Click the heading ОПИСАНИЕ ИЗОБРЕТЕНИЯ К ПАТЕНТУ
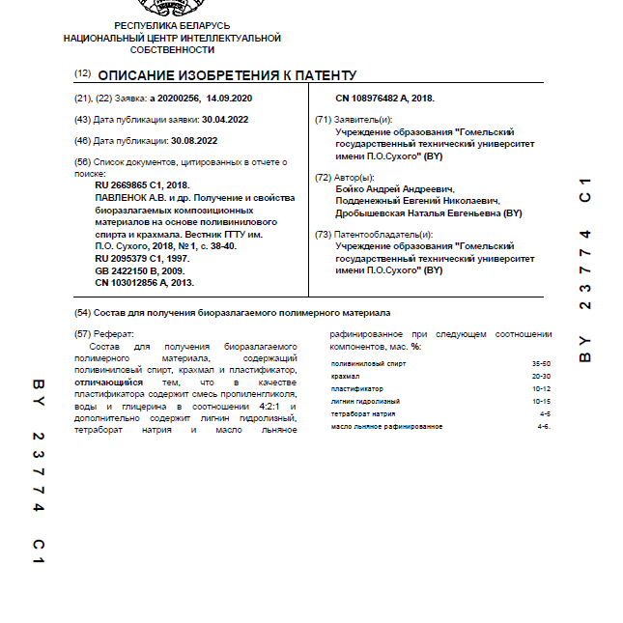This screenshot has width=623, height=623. tap(227, 75)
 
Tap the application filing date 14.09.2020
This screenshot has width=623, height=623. tap(229, 99)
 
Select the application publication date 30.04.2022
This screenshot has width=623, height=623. tap(224, 120)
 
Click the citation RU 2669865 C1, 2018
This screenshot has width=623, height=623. tap(142, 184)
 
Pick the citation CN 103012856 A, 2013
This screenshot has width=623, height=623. tap(144, 283)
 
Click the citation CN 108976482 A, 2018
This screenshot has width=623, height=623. tap(384, 99)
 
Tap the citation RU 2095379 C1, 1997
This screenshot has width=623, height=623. tap(142, 259)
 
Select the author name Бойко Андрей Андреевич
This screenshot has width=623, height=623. tap(393, 190)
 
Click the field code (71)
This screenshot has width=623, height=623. tap(323, 120)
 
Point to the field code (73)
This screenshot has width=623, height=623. tap(323, 235)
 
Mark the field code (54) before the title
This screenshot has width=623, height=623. tap(82, 312)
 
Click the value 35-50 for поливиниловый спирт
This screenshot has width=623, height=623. tap(541, 363)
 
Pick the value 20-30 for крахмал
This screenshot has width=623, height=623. tap(541, 376)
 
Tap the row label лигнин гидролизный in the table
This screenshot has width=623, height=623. tap(364, 401)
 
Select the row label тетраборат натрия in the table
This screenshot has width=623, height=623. tap(363, 413)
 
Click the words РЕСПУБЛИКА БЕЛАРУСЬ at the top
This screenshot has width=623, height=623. tap(172, 26)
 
